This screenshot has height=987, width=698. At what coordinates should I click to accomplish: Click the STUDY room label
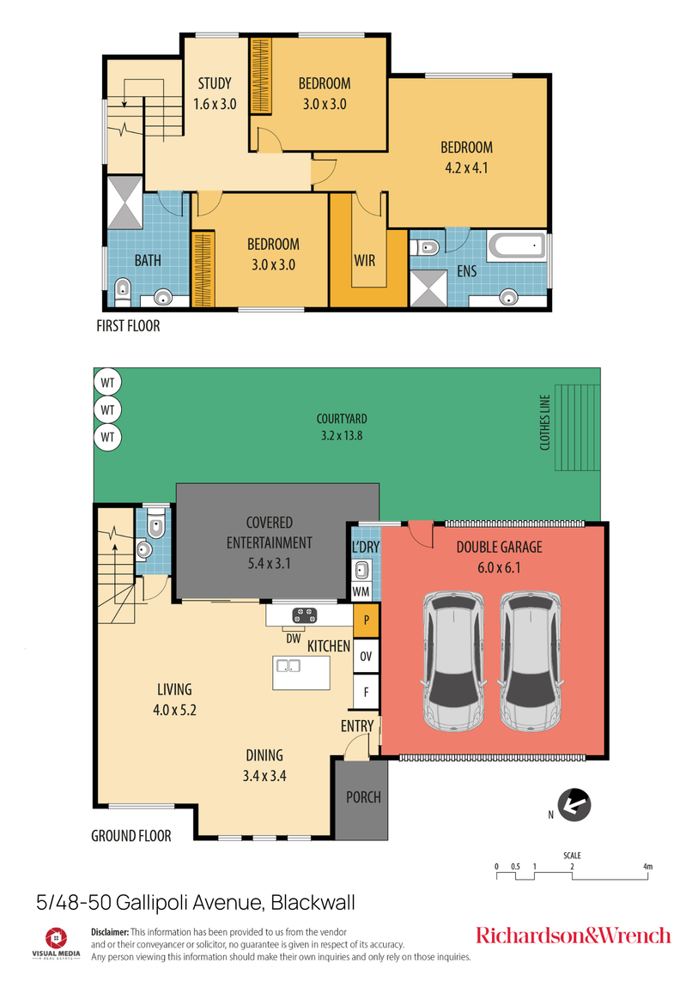point(214,83)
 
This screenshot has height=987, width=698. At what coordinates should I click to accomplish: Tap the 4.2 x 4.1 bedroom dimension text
point(467,168)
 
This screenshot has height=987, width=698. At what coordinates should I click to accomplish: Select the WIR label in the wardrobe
point(364,260)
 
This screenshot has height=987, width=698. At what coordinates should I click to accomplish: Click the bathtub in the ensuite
point(516,247)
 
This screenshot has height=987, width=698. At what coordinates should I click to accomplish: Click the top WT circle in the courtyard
point(107,380)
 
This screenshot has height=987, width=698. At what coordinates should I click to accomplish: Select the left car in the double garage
point(452,661)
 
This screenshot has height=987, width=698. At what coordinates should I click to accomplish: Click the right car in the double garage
point(531,661)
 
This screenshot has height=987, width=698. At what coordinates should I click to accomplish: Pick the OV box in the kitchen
point(366,656)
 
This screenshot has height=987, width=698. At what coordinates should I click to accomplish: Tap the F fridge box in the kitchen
point(366,689)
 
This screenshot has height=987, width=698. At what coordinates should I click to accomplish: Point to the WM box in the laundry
point(361,591)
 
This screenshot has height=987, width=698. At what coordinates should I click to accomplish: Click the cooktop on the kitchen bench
point(305,615)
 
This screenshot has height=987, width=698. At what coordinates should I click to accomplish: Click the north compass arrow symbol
point(573,805)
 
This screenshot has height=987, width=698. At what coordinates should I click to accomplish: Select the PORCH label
point(363,797)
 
